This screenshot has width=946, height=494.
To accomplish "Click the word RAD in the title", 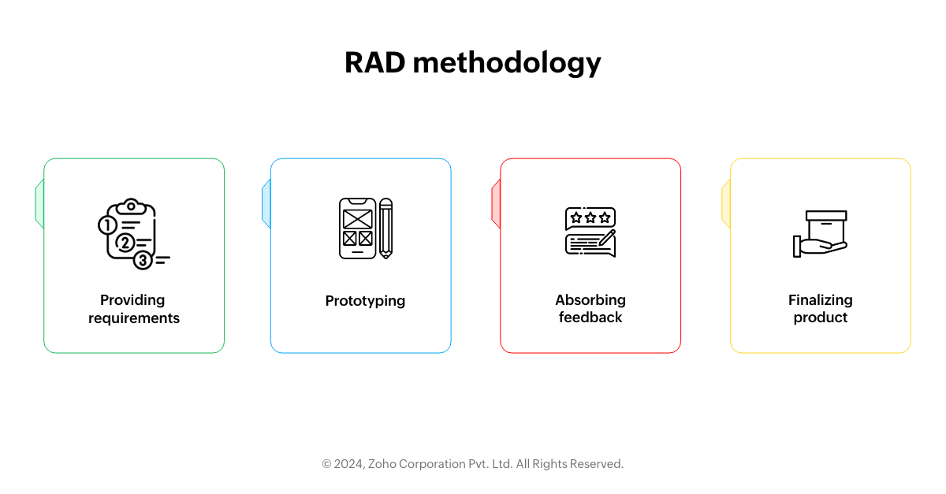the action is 375,62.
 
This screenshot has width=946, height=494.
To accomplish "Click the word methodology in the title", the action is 507,63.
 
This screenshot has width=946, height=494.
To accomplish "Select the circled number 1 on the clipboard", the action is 107,225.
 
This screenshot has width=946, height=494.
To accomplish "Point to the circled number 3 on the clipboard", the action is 143,260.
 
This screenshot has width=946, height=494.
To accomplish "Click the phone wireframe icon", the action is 357,228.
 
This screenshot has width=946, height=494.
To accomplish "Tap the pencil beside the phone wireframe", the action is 386,228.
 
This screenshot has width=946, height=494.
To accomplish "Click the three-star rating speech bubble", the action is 590,218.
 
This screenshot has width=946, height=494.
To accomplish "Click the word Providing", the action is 132,300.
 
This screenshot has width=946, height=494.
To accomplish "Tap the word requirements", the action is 134,318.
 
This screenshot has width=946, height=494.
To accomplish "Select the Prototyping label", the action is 365,301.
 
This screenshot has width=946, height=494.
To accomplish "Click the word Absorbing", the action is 590,300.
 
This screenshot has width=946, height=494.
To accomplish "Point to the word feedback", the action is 590,317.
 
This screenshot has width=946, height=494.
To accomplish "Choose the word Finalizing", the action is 821,300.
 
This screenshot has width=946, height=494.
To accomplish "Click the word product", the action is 821,318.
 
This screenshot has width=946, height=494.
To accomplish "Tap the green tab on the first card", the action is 39,204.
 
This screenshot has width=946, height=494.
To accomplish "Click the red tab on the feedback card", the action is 496,204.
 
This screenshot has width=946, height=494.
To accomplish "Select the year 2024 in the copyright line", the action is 349,464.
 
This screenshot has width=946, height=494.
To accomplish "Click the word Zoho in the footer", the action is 382,464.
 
